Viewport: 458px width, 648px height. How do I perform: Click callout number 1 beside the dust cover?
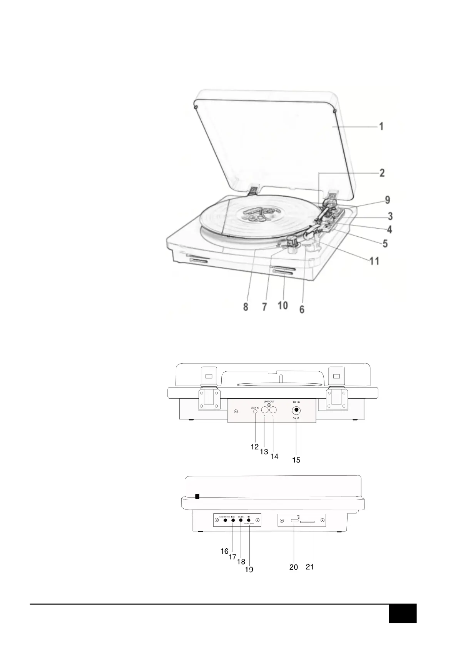pos(381,126)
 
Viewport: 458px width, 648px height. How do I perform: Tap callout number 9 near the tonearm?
pos(388,200)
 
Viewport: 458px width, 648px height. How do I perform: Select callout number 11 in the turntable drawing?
pos(374,261)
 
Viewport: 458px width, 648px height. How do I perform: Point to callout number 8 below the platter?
pos(246,307)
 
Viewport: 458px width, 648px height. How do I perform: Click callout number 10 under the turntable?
pos(282,306)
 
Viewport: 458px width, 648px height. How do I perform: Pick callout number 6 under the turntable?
pos(302,309)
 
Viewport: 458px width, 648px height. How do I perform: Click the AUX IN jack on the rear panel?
pos(256,412)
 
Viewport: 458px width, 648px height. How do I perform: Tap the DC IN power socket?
pos(296,411)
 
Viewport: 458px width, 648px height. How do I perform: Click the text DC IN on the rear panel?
pos(296,402)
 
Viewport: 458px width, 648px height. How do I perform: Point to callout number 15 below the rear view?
pos(296,460)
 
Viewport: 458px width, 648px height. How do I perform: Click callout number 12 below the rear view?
pos(254,447)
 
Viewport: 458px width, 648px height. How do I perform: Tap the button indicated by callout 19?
pos(249,521)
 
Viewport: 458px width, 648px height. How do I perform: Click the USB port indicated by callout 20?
pos(294,521)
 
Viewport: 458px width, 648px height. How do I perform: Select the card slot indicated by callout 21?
pos(308,522)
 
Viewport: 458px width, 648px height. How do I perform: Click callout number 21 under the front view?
pos(310,566)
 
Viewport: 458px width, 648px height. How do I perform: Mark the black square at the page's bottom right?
pos(403,613)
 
